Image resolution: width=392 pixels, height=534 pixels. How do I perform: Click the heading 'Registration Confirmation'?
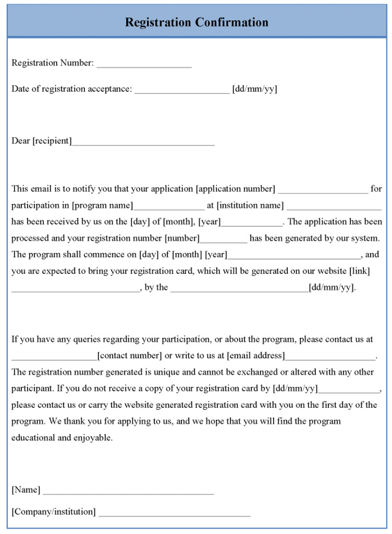point(197,22)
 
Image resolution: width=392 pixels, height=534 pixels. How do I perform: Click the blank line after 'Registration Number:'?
point(144,65)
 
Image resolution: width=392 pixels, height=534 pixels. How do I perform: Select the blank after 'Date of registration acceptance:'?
point(181,91)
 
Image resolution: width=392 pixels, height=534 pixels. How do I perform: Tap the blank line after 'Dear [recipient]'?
point(143,143)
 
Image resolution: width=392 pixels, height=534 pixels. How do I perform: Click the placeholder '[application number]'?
point(236,189)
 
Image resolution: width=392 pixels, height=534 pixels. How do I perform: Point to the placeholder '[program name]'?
point(102,205)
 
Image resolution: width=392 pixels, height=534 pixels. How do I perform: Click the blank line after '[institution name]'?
point(330,208)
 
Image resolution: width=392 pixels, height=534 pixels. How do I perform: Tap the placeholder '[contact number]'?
point(130,356)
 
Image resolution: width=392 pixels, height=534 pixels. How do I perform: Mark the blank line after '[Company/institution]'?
point(174,515)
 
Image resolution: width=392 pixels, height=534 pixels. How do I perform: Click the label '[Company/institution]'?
point(54,512)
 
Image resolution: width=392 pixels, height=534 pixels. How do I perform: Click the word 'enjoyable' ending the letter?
point(93,438)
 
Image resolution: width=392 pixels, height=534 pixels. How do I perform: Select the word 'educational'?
point(33,438)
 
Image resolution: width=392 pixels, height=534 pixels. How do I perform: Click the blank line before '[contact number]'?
point(54,358)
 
